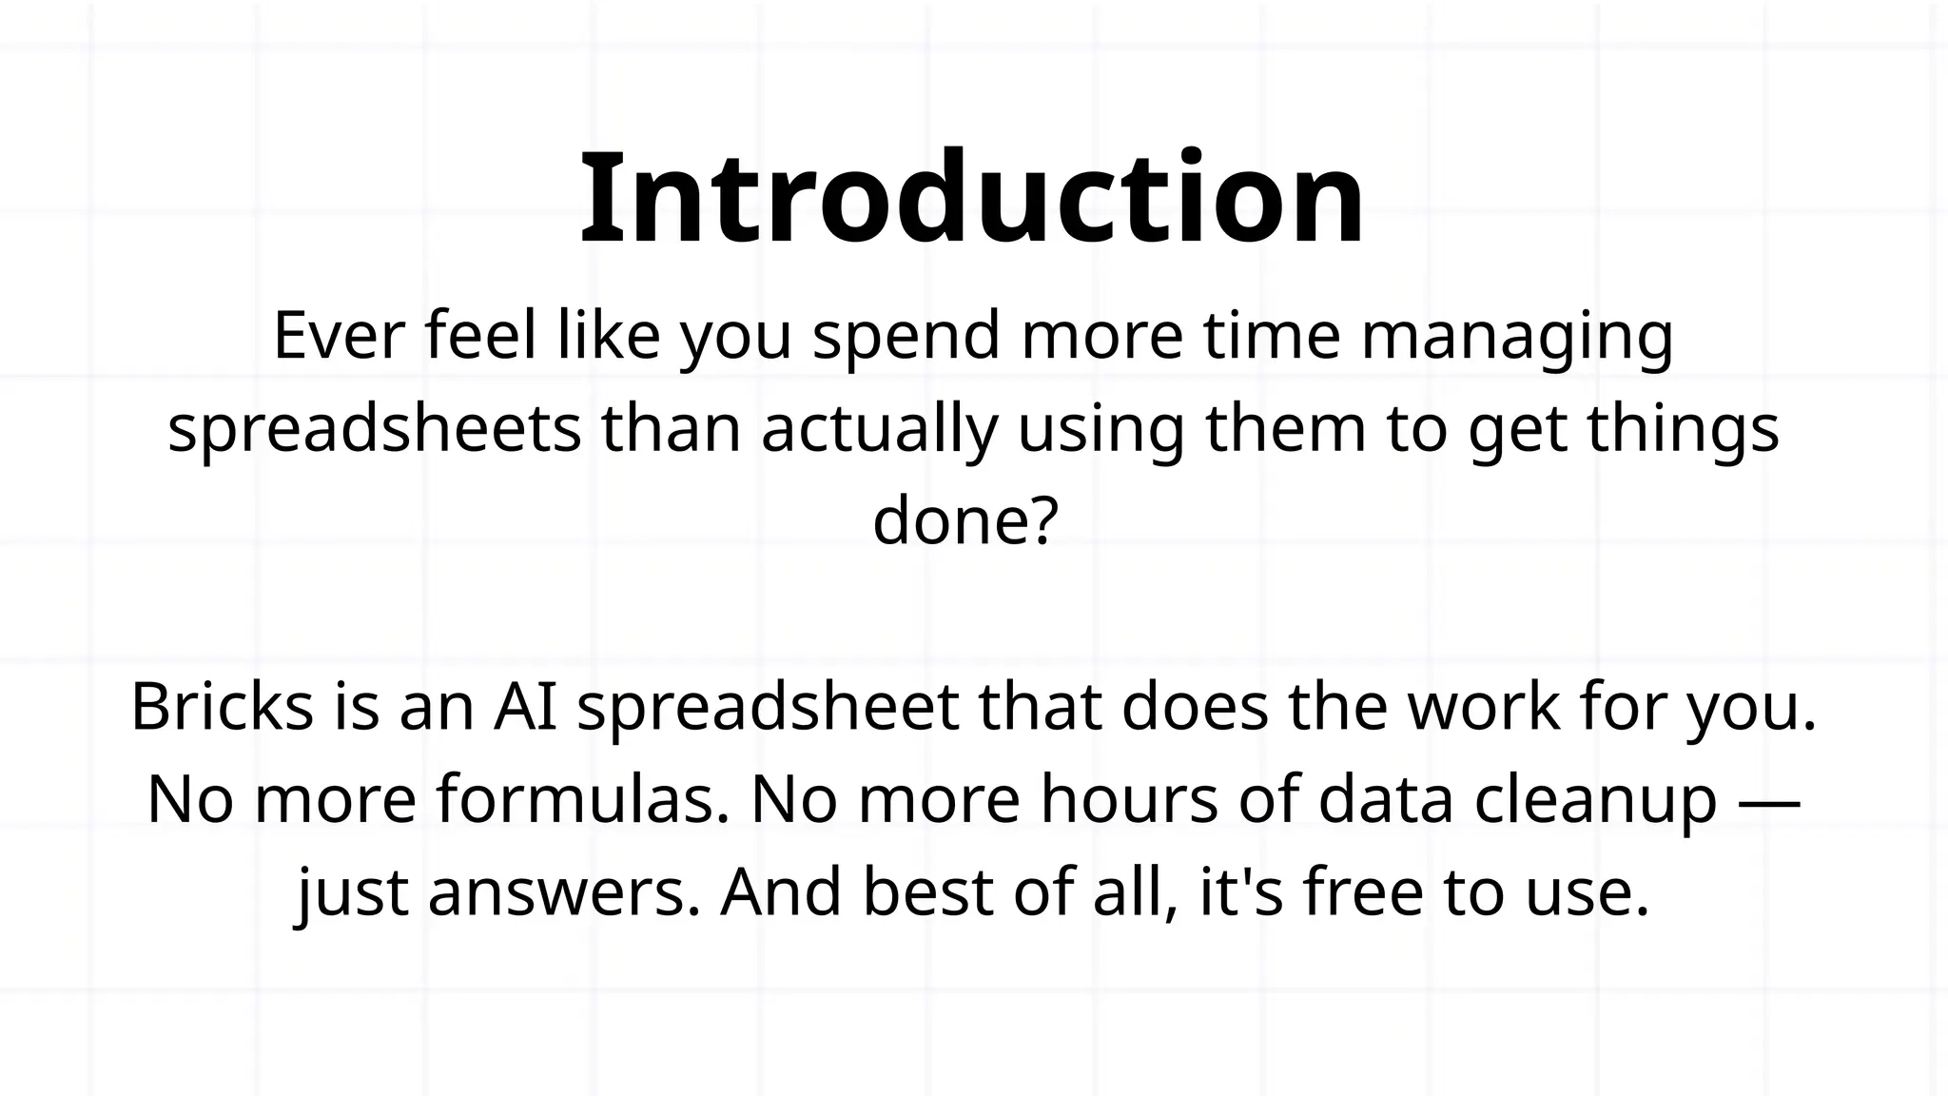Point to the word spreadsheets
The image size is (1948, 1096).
point(374,429)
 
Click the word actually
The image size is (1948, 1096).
point(879,429)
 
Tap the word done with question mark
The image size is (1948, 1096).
point(964,521)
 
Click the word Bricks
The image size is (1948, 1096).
point(222,707)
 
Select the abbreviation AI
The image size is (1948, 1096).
point(524,707)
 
